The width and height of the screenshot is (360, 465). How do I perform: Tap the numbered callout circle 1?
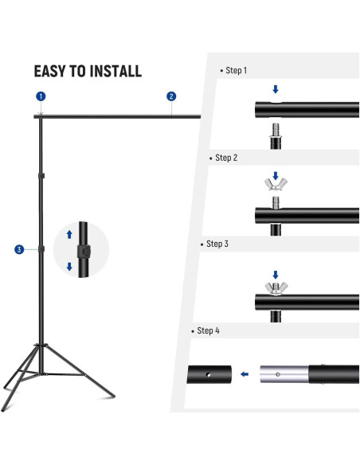41,96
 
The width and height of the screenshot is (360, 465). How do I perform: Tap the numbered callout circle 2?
171,96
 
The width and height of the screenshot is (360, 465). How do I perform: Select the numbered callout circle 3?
19,250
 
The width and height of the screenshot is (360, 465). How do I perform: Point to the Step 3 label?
217,244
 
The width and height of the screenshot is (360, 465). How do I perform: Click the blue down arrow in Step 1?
276,90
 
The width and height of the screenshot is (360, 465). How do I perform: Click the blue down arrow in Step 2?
276,175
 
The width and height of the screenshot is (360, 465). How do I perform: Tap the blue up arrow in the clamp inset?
69,234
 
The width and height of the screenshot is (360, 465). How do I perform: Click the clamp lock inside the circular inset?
80,250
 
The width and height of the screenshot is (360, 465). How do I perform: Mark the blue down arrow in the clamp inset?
69,267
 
